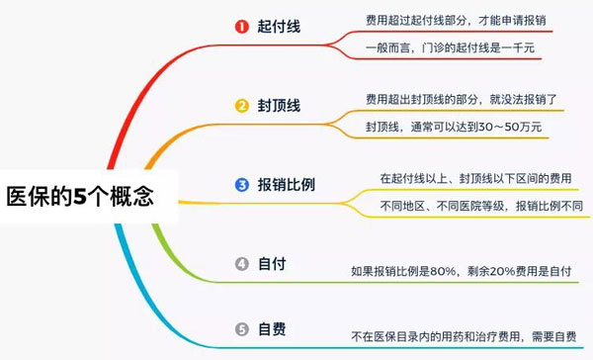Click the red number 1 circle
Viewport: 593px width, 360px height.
click(x=241, y=27)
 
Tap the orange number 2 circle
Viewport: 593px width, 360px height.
click(x=241, y=106)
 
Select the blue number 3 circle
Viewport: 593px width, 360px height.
click(x=241, y=185)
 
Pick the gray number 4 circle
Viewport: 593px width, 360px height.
click(x=241, y=264)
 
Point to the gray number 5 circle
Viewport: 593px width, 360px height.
click(x=241, y=327)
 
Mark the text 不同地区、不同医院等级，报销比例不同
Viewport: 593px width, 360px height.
click(x=481, y=207)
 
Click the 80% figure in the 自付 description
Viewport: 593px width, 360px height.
click(x=447, y=269)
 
